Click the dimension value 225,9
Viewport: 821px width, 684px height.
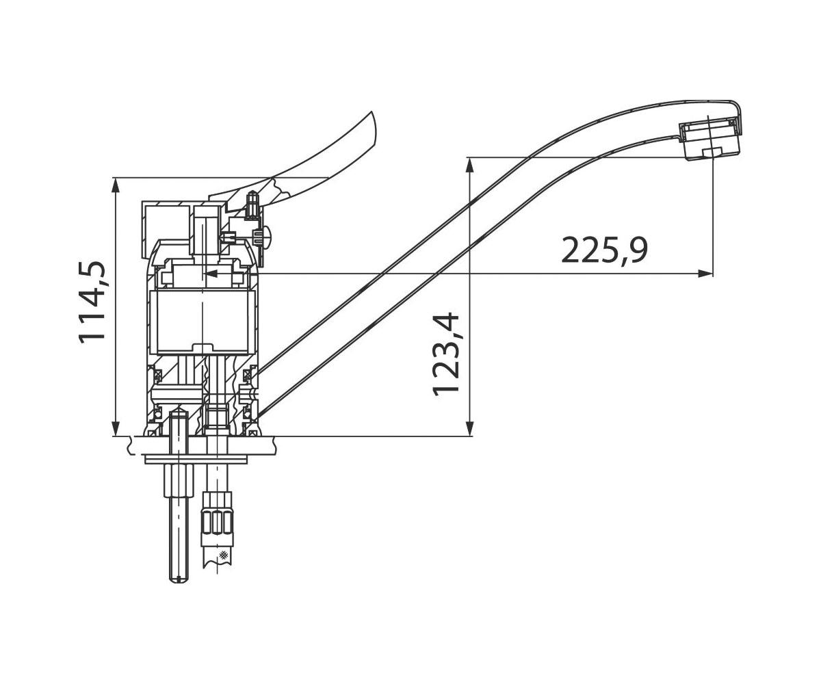604,250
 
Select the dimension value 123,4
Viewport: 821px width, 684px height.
446,354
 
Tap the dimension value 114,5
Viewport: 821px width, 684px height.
92,302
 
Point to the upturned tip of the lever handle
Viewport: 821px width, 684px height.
372,114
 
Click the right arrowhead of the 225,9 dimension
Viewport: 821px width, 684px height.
706,274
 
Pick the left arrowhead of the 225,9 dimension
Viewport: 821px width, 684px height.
213,274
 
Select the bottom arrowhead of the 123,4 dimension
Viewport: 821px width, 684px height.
470,428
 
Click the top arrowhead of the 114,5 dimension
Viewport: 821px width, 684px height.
115,186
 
